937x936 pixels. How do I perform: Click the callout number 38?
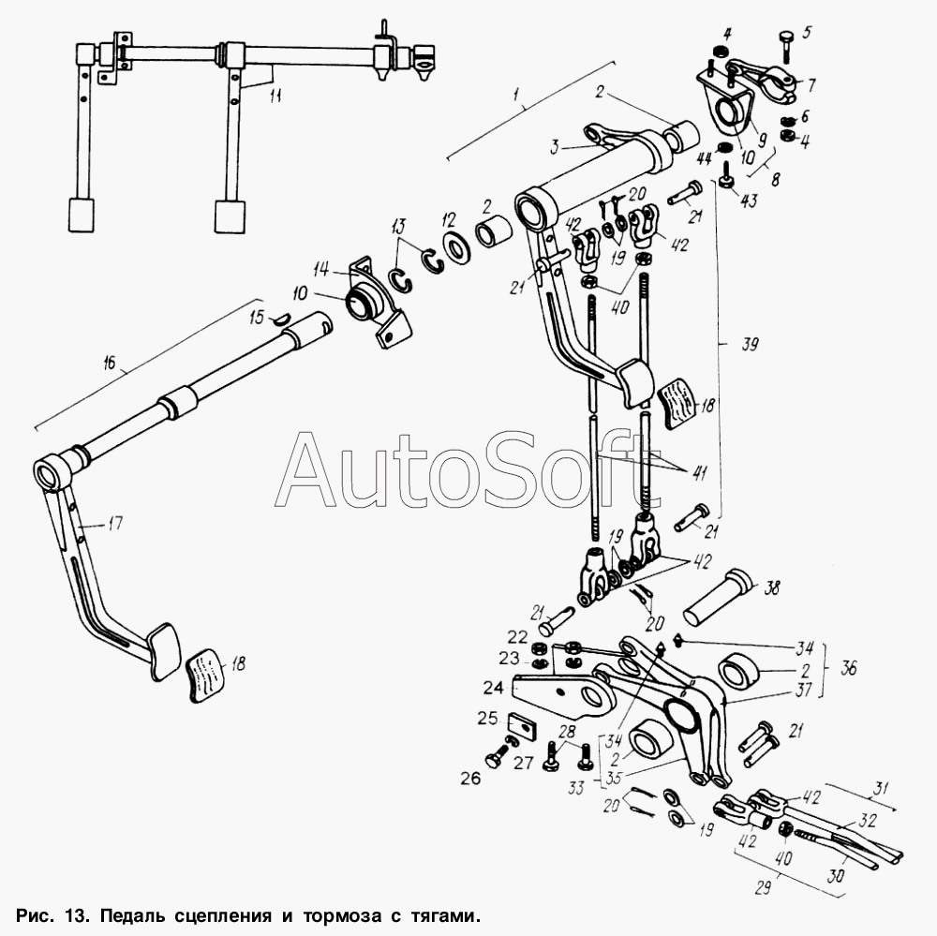tap(771, 588)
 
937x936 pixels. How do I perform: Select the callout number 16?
tap(111, 364)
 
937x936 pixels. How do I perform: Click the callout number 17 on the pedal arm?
tap(114, 524)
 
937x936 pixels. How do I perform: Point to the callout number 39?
tap(750, 344)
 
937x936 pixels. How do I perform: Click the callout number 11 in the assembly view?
tap(275, 96)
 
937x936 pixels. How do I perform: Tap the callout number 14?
tap(321, 270)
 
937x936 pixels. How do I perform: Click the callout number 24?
tap(493, 688)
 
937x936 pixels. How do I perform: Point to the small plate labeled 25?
tap(523, 725)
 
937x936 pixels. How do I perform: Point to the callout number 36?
tap(848, 667)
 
